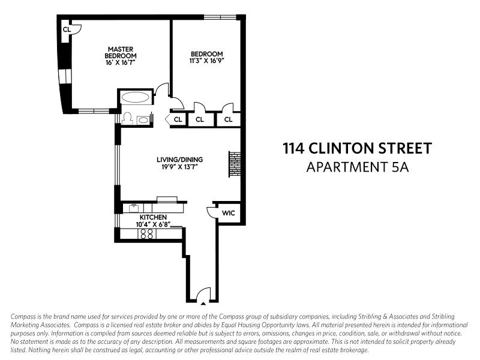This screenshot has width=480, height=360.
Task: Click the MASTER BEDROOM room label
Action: point(120,52)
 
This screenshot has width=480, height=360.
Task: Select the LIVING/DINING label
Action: point(180,159)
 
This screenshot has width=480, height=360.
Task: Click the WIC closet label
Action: point(228,213)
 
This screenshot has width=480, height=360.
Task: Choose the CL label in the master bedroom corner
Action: point(67,28)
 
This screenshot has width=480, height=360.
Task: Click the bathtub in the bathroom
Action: point(137,98)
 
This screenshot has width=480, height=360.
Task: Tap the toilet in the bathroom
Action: point(127,119)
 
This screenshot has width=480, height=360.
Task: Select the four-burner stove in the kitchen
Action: point(146,234)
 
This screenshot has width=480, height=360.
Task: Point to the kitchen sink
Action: point(134,208)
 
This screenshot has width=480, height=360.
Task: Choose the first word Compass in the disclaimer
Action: point(25,316)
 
